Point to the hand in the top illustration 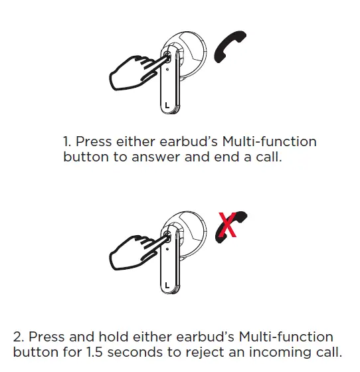click(133, 72)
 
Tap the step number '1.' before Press click(66, 142)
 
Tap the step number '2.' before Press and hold click(18, 337)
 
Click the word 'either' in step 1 click(132, 142)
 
